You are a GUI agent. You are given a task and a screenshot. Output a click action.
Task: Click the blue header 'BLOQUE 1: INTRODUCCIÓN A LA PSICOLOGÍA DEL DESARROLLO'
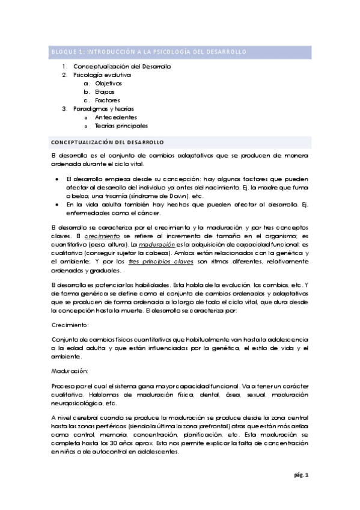click(148, 52)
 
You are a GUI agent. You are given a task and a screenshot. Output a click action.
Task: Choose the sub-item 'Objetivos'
click(108, 83)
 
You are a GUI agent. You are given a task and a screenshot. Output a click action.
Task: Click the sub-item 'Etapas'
click(105, 91)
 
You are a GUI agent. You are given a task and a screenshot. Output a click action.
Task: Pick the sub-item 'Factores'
click(108, 100)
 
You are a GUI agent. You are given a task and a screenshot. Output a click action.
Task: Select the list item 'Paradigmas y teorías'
click(103, 109)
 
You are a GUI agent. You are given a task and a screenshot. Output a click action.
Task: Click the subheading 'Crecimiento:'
click(70, 324)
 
